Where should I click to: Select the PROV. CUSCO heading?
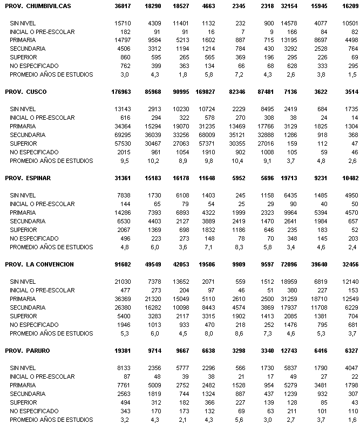point(26,92)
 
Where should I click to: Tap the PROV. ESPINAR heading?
point(29,178)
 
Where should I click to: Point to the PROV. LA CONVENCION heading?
point(39,264)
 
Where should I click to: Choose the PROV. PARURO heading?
point(28,351)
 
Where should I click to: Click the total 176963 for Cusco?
point(118,92)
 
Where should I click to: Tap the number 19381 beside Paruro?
point(120,351)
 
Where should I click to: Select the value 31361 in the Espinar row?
point(120,178)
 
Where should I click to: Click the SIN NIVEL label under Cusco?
point(23,109)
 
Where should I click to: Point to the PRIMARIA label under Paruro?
point(23,385)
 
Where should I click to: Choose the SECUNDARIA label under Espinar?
point(27,221)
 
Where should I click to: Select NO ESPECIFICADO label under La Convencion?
point(35,325)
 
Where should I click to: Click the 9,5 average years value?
point(125,161)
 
